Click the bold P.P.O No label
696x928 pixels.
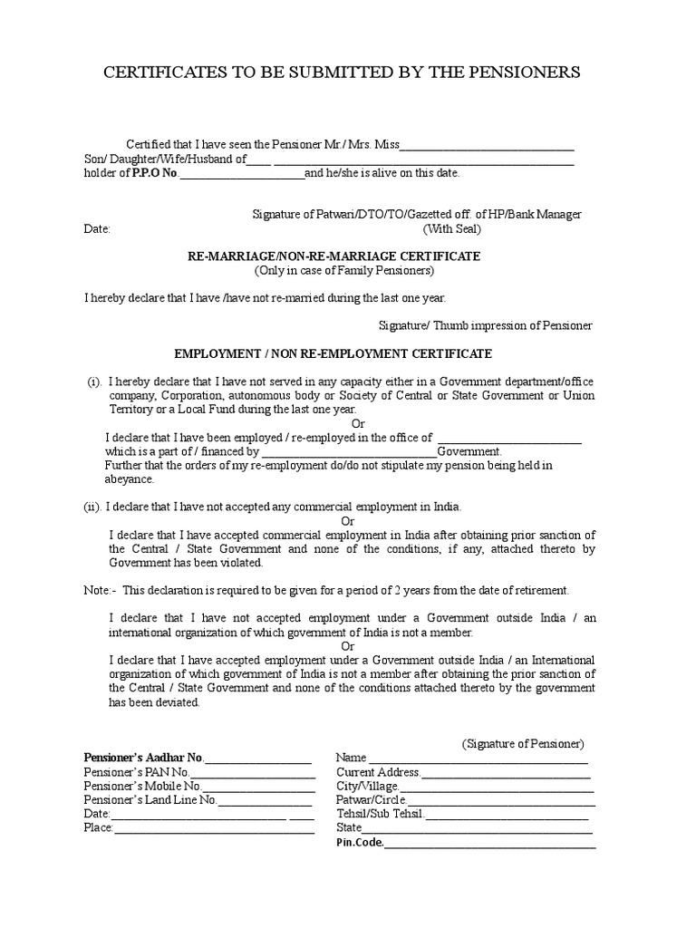point(155,173)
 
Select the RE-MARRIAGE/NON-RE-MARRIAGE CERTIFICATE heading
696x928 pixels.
point(334,256)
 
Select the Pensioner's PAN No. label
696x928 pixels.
point(136,772)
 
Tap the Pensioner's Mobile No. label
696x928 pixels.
point(142,787)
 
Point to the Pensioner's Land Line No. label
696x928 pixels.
point(150,800)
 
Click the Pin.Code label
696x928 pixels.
point(360,843)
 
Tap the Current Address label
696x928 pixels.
point(378,772)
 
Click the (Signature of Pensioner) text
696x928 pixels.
point(523,743)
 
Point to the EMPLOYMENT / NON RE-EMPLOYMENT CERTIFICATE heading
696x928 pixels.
point(333,353)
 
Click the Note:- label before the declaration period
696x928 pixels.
point(100,590)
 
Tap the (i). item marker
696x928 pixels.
point(94,382)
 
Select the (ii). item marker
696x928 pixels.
point(92,507)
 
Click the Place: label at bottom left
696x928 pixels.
point(98,827)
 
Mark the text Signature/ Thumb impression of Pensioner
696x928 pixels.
point(485,325)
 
